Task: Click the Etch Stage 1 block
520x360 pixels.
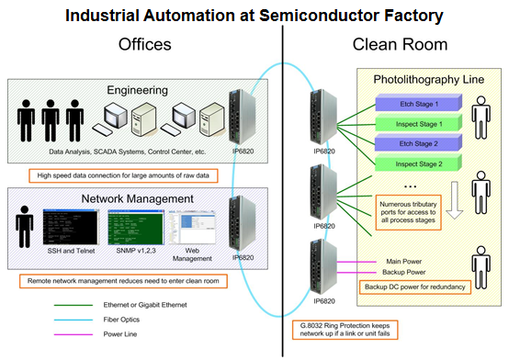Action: pyautogui.click(x=419, y=103)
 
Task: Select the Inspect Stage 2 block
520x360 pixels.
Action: pyautogui.click(x=419, y=163)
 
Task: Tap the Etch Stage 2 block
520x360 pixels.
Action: pyautogui.click(x=419, y=142)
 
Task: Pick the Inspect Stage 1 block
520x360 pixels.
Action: pyautogui.click(x=419, y=123)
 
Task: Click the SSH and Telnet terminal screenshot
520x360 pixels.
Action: pyautogui.click(x=71, y=227)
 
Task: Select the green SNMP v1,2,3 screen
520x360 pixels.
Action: pyautogui.click(x=136, y=227)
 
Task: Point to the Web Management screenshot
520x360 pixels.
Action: pyautogui.click(x=192, y=228)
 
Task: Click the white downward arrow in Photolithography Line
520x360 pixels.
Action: pyautogui.click(x=455, y=200)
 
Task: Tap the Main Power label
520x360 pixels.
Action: pyautogui.click(x=404, y=262)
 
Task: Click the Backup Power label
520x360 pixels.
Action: pyautogui.click(x=404, y=272)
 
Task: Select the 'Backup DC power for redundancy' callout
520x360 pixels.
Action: pyautogui.click(x=415, y=287)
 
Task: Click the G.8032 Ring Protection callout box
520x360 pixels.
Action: pyautogui.click(x=345, y=330)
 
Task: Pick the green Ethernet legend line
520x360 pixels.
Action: pyautogui.click(x=73, y=305)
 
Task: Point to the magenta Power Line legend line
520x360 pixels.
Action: pyautogui.click(x=73, y=334)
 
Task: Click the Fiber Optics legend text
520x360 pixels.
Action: pyautogui.click(x=121, y=320)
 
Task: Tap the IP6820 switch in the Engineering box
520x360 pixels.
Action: pyautogui.click(x=243, y=117)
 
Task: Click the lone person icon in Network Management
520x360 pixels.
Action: pyautogui.click(x=24, y=227)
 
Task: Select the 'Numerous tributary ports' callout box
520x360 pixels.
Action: pyautogui.click(x=408, y=212)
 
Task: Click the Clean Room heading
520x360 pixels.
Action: pyautogui.click(x=400, y=44)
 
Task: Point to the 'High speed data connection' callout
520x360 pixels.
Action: pyautogui.click(x=123, y=175)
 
